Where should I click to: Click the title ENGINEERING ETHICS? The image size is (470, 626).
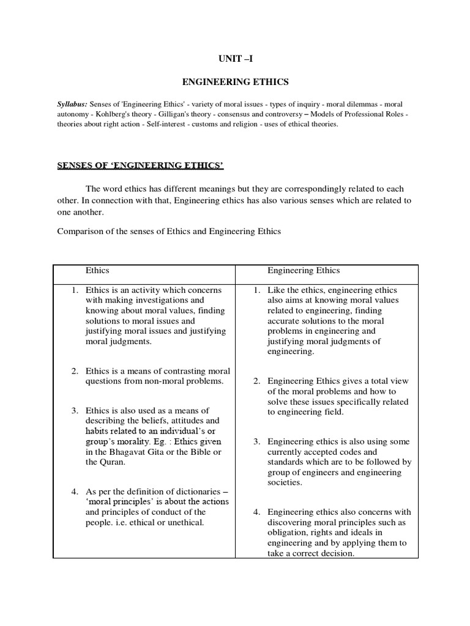[x=236, y=81]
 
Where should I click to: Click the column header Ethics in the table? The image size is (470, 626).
[x=98, y=270]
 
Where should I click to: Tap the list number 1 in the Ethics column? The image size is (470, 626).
[x=74, y=290]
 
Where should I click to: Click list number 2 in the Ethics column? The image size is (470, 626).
[x=74, y=371]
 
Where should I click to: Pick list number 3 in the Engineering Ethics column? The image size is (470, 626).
[x=258, y=441]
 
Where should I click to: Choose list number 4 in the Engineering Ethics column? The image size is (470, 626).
[x=258, y=512]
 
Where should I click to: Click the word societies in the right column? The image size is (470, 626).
[x=285, y=482]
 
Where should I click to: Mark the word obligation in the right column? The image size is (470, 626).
[x=288, y=532]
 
